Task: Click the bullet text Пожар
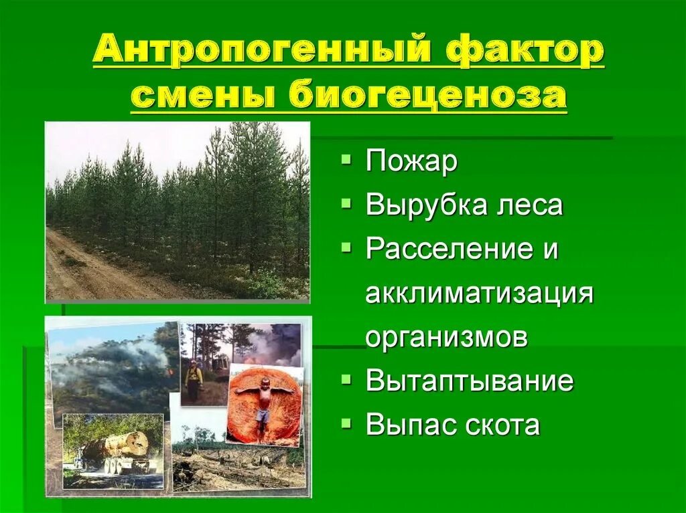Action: click(411, 163)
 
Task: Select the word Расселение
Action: click(452, 249)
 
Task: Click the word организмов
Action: click(446, 337)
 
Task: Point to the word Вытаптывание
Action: click(470, 381)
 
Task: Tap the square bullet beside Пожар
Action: click(345, 161)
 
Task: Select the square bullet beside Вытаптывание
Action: click(345, 379)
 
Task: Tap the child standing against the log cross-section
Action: click(263, 402)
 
